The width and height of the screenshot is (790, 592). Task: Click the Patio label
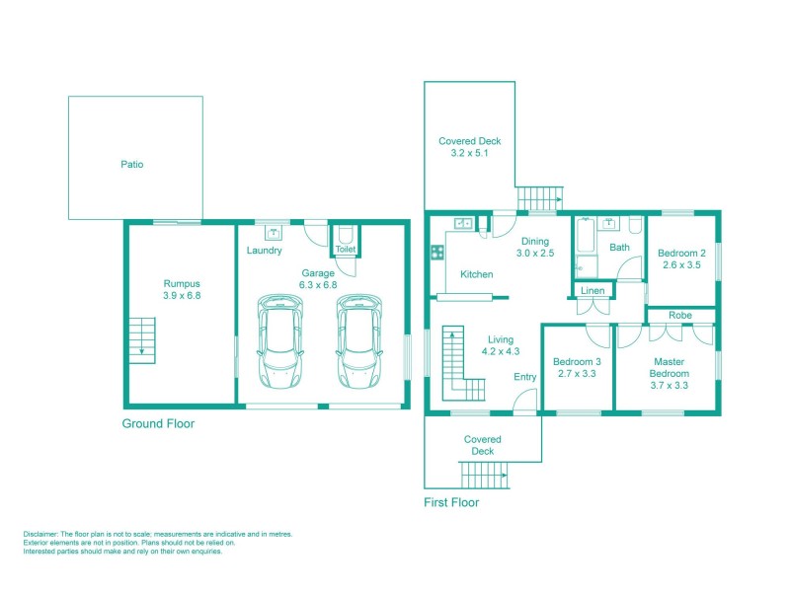pos(131,165)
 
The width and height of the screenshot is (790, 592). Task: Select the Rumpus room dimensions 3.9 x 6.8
pos(182,295)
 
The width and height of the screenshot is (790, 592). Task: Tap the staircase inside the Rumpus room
pos(142,340)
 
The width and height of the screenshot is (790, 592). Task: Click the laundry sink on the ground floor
pos(274,234)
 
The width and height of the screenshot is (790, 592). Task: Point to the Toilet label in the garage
pos(345,250)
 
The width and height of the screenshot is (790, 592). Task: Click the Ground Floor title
pos(158,424)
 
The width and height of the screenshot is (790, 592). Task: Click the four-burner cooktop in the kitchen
pos(436,253)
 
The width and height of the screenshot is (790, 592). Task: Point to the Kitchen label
pos(477,273)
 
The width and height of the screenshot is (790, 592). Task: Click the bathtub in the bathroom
pos(587,247)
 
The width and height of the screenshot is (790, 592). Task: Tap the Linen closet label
pos(592,291)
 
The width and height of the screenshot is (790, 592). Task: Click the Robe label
pos(679,316)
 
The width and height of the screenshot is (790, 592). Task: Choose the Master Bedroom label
pos(668,368)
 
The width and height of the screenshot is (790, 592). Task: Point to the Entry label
pos(524,377)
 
